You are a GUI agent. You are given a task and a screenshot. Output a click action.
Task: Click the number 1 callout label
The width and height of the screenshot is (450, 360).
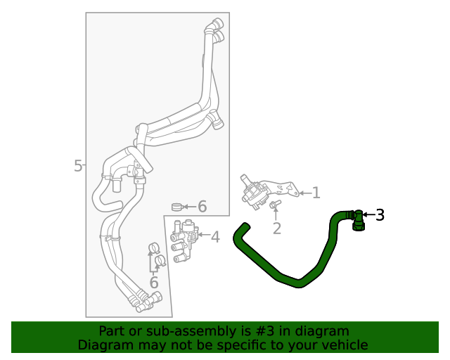[x=316, y=193]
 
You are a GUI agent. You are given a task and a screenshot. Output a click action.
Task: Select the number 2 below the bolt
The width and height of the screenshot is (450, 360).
[x=277, y=228]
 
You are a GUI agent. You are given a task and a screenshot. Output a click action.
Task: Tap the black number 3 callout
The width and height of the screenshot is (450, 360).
[x=380, y=215]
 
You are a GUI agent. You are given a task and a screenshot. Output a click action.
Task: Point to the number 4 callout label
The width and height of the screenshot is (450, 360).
[x=215, y=238]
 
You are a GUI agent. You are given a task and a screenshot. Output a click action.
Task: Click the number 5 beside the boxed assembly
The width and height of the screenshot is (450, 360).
[x=78, y=166]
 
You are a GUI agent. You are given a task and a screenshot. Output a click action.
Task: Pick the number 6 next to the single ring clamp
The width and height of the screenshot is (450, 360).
[x=202, y=207]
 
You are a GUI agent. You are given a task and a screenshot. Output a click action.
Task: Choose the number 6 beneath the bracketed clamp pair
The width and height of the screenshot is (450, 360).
[x=154, y=283]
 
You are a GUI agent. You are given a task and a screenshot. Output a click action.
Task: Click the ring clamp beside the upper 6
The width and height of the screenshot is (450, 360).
[x=177, y=207]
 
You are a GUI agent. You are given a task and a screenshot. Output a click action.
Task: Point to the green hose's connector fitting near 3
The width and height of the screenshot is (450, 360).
[x=358, y=220]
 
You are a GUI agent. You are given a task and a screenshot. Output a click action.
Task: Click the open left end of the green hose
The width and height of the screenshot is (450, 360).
[x=243, y=227]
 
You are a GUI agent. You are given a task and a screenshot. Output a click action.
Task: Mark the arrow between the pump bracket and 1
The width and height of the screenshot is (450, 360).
[x=303, y=192]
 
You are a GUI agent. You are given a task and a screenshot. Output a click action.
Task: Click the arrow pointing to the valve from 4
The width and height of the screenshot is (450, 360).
[x=203, y=235]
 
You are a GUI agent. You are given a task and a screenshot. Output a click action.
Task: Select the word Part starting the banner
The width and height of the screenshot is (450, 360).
[x=113, y=330]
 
